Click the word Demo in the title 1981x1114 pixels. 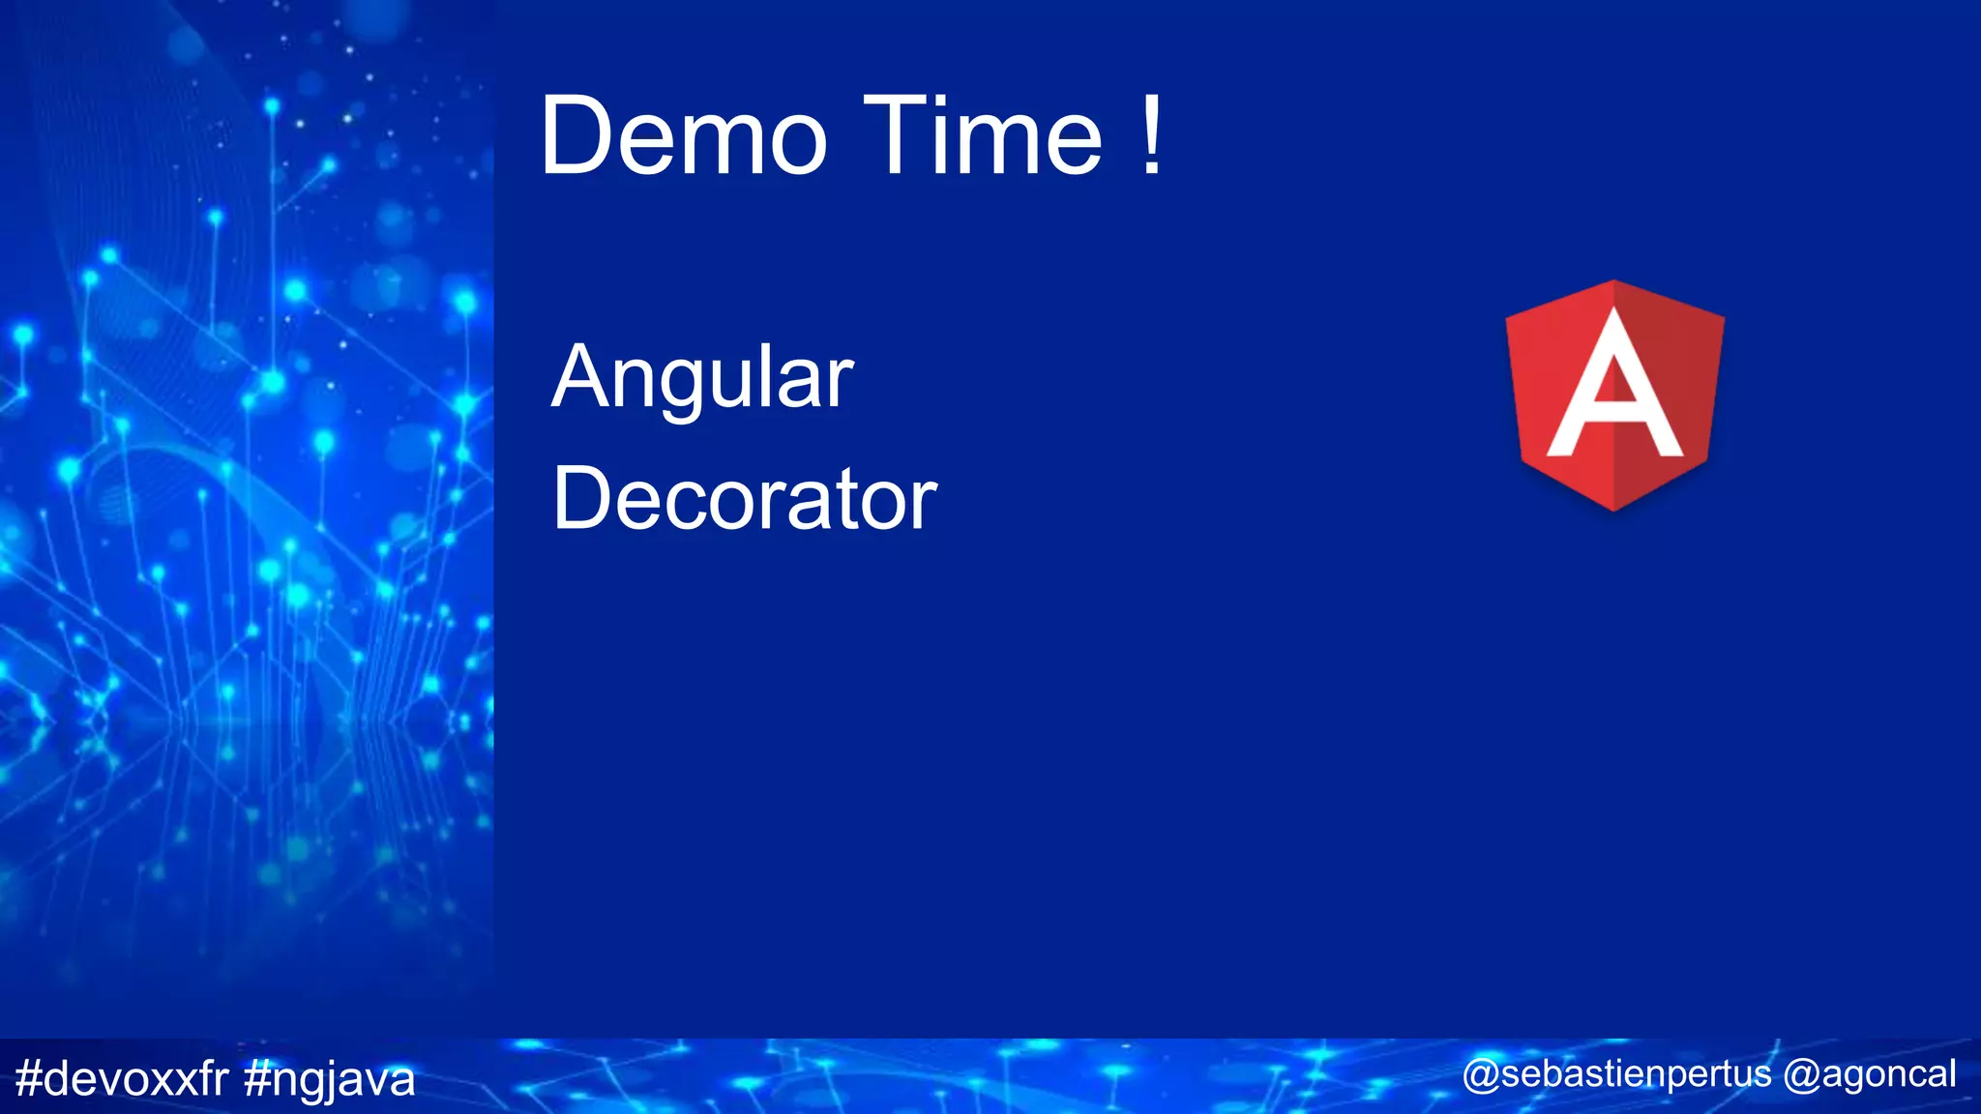tap(683, 136)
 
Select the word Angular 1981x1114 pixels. tap(702, 378)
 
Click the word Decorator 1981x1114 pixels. tap(745, 500)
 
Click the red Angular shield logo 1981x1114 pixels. tap(1613, 395)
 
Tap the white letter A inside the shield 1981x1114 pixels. tap(1613, 387)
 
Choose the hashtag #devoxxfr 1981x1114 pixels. tap(122, 1078)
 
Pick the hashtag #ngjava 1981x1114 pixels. tap(330, 1079)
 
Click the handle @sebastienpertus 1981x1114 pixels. tap(1616, 1074)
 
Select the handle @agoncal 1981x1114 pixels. tap(1870, 1074)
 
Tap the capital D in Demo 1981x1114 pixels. tap(577, 136)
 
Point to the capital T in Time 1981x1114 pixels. tap(891, 136)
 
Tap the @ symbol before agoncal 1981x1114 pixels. tap(1801, 1074)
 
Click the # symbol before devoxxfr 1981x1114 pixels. tap(29, 1078)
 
